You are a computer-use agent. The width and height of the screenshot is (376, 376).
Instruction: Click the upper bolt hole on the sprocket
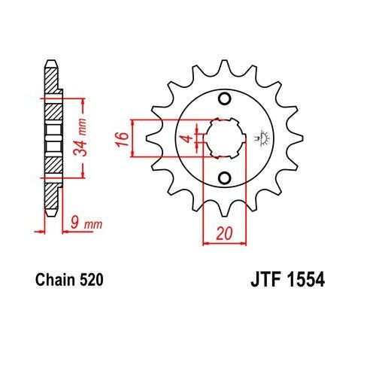click(223, 99)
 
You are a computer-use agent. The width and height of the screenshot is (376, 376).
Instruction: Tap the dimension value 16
click(120, 138)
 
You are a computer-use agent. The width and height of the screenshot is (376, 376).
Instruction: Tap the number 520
click(89, 280)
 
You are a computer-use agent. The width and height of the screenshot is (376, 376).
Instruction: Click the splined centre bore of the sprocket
click(223, 138)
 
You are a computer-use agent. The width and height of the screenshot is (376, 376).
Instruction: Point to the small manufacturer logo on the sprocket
click(263, 138)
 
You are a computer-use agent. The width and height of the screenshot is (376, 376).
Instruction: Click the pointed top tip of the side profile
click(51, 62)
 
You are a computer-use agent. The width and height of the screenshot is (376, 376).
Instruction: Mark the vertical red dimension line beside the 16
click(132, 138)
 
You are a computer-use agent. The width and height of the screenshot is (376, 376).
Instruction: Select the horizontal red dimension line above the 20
click(223, 244)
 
